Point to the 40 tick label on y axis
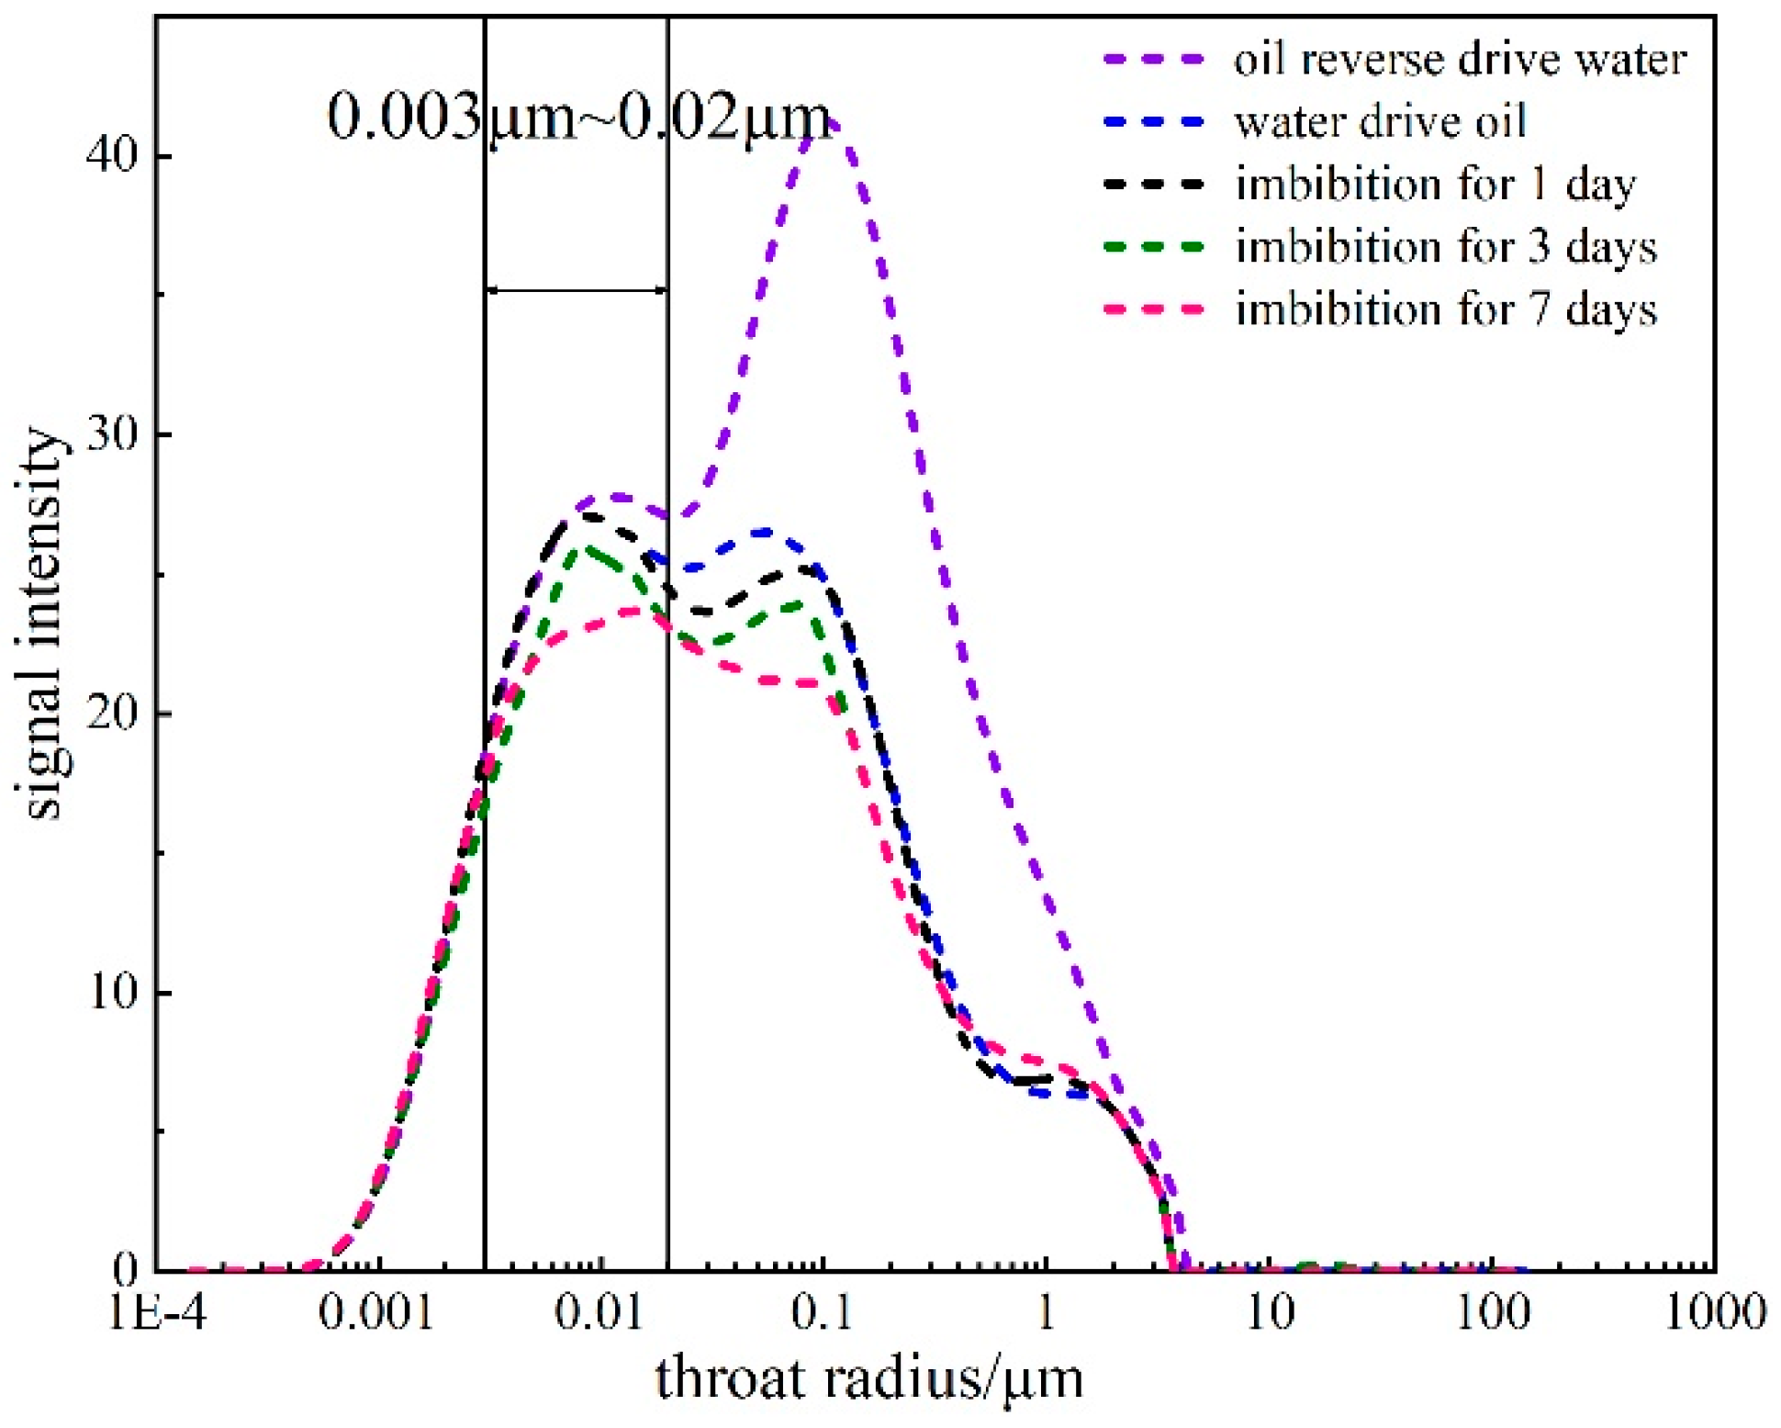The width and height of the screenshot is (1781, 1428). (x=111, y=156)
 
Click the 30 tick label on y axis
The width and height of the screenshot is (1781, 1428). (x=111, y=434)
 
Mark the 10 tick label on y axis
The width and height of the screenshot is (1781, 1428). (x=111, y=993)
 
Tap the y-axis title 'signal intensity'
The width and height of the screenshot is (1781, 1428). (x=44, y=624)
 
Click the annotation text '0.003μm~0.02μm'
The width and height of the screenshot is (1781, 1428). (x=578, y=118)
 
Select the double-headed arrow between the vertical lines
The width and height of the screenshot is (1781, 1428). (x=577, y=290)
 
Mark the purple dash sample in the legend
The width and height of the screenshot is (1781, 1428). (x=1154, y=60)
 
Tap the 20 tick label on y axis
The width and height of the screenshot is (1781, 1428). (x=111, y=714)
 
